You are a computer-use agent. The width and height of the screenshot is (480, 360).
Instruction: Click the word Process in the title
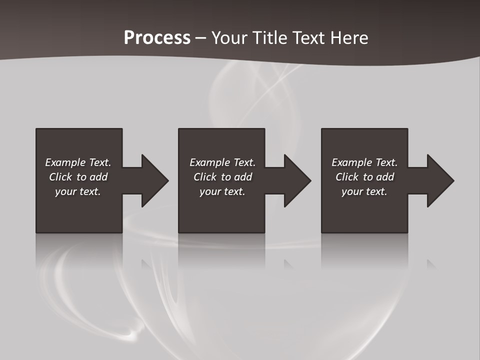tap(157, 38)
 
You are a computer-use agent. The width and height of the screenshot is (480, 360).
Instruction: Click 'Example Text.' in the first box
tap(78, 162)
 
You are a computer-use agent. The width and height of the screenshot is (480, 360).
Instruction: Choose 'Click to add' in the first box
tap(78, 177)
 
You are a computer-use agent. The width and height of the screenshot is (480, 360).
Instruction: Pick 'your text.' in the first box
tap(78, 191)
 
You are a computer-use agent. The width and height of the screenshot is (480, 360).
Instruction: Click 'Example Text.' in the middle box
tap(222, 162)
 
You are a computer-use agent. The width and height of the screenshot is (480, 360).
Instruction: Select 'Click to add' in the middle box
tap(222, 177)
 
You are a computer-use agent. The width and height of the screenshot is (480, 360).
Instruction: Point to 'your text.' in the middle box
tap(222, 191)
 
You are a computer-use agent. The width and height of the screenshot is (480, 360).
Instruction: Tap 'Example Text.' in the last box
tap(364, 162)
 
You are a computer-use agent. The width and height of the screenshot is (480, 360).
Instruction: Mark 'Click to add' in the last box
tap(364, 177)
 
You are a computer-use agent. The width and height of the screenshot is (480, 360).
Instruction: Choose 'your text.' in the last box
tap(364, 191)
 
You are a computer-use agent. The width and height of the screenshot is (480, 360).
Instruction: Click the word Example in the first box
tap(65, 162)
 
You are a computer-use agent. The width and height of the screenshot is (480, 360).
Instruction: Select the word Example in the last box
tap(351, 162)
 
